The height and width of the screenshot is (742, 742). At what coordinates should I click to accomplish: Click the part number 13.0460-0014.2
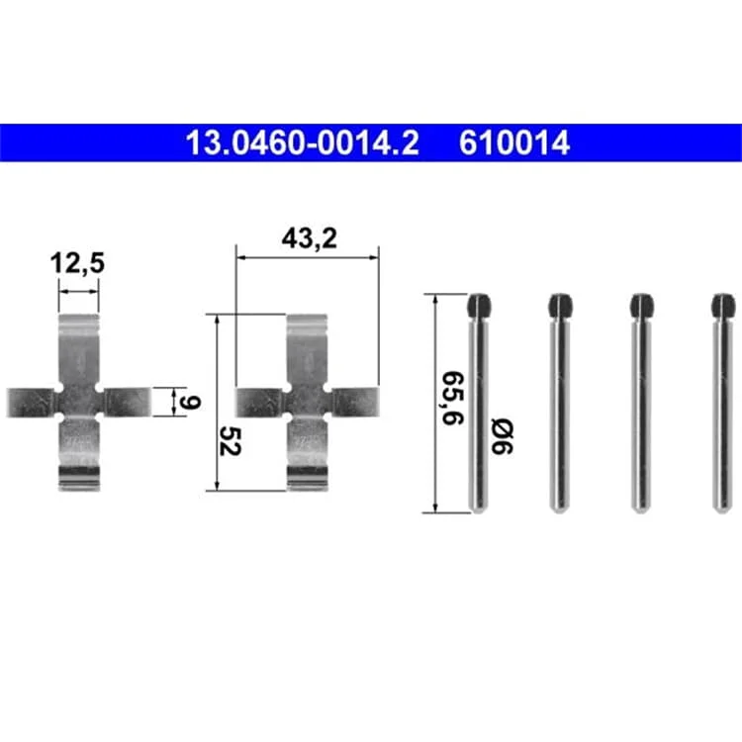point(303,142)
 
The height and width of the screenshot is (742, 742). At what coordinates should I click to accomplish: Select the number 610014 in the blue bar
point(513,142)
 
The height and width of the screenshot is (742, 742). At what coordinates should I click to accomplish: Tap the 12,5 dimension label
point(77,263)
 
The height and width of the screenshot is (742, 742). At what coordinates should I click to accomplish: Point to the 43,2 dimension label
point(310,238)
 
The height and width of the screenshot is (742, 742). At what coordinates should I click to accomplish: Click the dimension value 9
point(190,403)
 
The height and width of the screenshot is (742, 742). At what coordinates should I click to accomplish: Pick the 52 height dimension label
point(231,441)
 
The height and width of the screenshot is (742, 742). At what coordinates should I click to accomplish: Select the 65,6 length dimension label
point(453,399)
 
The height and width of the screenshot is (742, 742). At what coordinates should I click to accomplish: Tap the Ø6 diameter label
point(502,436)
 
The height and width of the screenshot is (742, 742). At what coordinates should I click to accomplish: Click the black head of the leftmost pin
point(479,306)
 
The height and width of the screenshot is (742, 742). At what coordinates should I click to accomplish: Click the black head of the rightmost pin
point(722,306)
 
